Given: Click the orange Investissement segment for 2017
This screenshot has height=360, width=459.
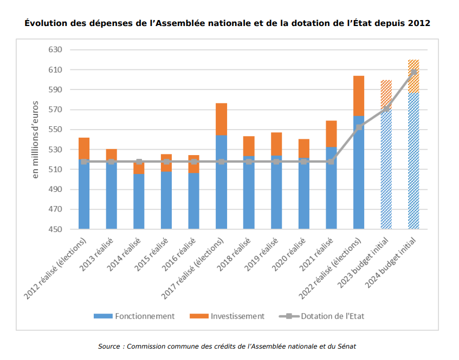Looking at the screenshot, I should (221, 119).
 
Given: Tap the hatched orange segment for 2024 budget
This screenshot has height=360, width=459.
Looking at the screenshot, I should (413, 76).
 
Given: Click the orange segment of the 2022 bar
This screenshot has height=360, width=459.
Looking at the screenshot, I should (359, 95).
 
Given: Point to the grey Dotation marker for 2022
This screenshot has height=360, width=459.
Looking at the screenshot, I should (359, 127).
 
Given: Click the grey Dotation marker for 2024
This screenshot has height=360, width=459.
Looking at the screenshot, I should (413, 72).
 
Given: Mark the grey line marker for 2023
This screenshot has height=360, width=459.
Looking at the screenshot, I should (386, 108).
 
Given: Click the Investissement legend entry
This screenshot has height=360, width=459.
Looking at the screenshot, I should (227, 316).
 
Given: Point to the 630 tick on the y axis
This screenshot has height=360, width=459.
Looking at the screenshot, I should (56, 50).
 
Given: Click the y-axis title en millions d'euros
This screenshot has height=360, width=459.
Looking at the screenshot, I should (35, 139).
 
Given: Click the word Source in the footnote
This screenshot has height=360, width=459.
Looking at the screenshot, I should (109, 346).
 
